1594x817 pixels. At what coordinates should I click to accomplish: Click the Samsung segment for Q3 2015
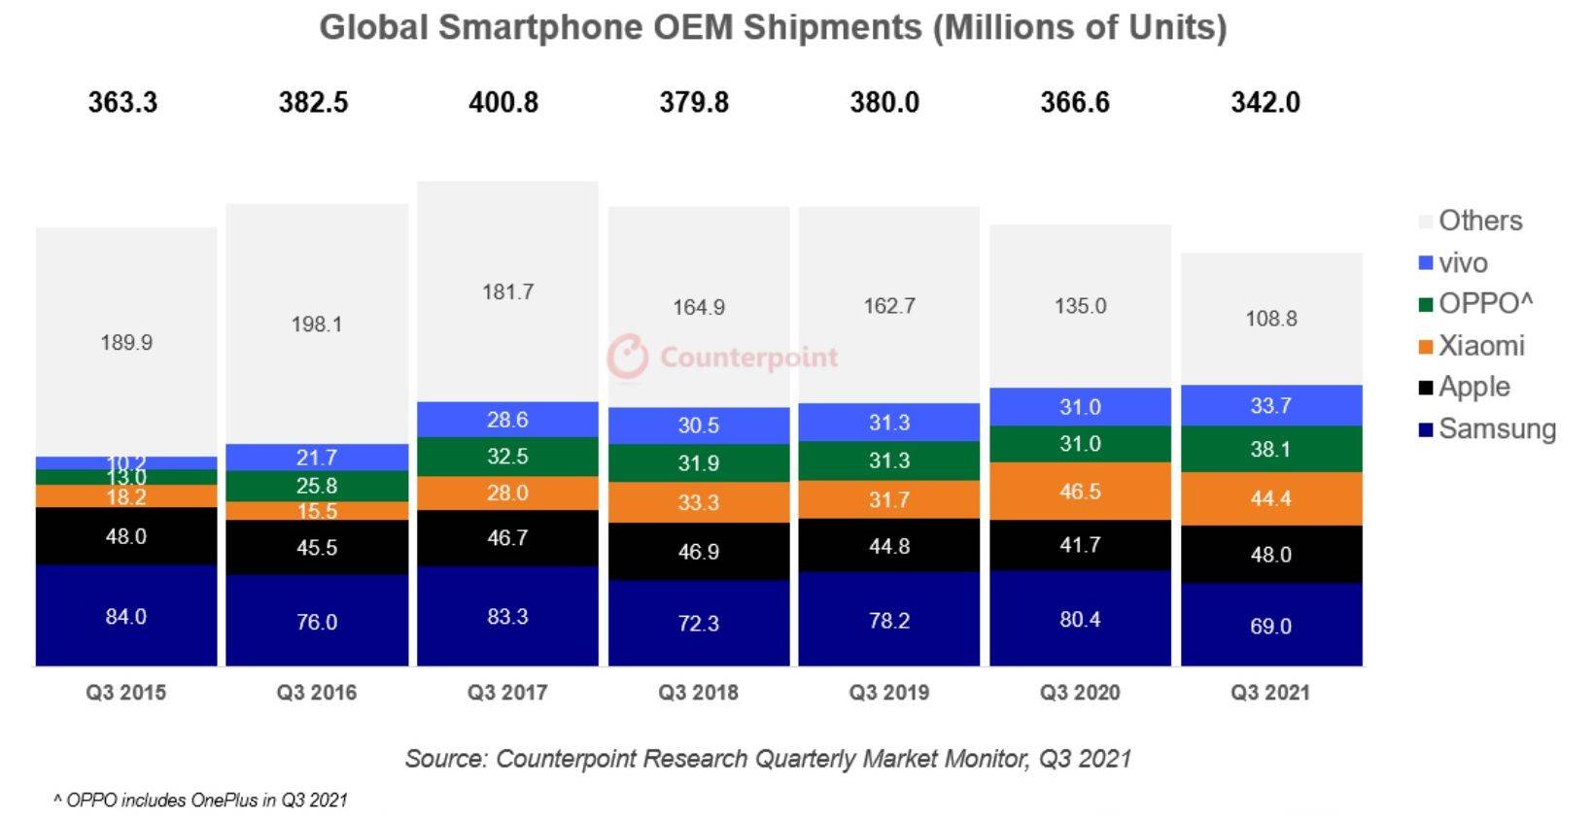tap(126, 616)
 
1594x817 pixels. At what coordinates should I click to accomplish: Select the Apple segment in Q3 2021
tap(1271, 554)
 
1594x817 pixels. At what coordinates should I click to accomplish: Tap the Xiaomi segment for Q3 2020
tap(1080, 491)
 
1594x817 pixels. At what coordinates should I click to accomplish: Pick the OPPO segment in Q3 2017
tap(507, 457)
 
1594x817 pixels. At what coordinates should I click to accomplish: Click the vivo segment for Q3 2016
tap(317, 457)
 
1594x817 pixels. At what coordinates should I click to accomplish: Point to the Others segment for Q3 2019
tap(889, 305)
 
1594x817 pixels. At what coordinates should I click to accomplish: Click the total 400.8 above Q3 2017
tap(503, 102)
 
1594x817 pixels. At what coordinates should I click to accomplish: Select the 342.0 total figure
tap(1265, 102)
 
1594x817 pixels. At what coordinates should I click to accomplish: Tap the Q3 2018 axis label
tap(698, 693)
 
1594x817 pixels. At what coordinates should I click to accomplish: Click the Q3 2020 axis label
tap(1080, 693)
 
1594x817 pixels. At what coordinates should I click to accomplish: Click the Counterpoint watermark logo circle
tap(627, 357)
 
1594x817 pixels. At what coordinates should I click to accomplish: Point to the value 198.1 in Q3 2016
tap(317, 323)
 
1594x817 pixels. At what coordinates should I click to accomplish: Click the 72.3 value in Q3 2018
tap(698, 623)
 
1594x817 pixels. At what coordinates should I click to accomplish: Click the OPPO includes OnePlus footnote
tap(200, 800)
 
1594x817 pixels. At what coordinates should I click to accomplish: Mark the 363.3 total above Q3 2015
tap(122, 102)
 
